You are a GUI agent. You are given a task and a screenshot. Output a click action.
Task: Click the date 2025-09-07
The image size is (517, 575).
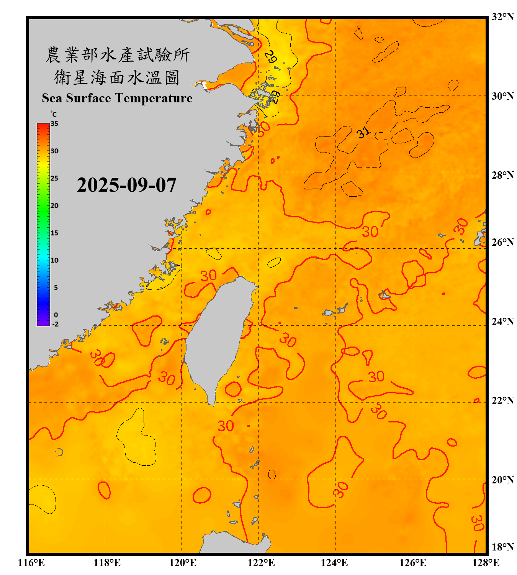126,185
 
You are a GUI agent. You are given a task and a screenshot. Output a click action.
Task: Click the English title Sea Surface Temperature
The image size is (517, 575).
117,98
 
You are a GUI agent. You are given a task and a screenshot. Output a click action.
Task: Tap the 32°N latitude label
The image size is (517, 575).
502,17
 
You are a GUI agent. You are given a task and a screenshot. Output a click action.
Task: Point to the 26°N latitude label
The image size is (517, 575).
502,242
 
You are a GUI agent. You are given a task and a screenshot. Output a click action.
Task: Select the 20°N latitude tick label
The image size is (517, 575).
502,480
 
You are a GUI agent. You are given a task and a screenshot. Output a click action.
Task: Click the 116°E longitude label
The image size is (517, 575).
31,563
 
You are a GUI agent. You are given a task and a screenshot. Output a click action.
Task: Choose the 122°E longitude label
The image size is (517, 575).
261,563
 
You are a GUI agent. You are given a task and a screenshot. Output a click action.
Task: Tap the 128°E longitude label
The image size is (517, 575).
486,563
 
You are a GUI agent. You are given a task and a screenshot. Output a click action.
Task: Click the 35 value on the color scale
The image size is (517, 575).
54,124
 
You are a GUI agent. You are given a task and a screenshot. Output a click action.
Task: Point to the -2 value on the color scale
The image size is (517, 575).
55,324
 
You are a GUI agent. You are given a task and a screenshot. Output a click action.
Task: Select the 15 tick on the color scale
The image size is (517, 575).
54,233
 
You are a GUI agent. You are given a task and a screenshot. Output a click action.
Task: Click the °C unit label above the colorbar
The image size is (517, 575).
54,114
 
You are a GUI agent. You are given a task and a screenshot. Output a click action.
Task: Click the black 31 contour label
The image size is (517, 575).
363,132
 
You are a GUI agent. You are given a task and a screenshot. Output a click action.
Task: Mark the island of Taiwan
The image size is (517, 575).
216,337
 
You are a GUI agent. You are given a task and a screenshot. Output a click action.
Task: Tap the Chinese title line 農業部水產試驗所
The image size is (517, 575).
117,55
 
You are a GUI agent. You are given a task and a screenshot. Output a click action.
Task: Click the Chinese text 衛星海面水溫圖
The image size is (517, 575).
117,77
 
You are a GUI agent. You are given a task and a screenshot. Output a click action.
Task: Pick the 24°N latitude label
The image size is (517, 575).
502,321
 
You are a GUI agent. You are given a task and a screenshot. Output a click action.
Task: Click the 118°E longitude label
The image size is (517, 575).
107,563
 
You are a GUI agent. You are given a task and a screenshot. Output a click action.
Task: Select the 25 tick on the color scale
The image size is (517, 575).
54,178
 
